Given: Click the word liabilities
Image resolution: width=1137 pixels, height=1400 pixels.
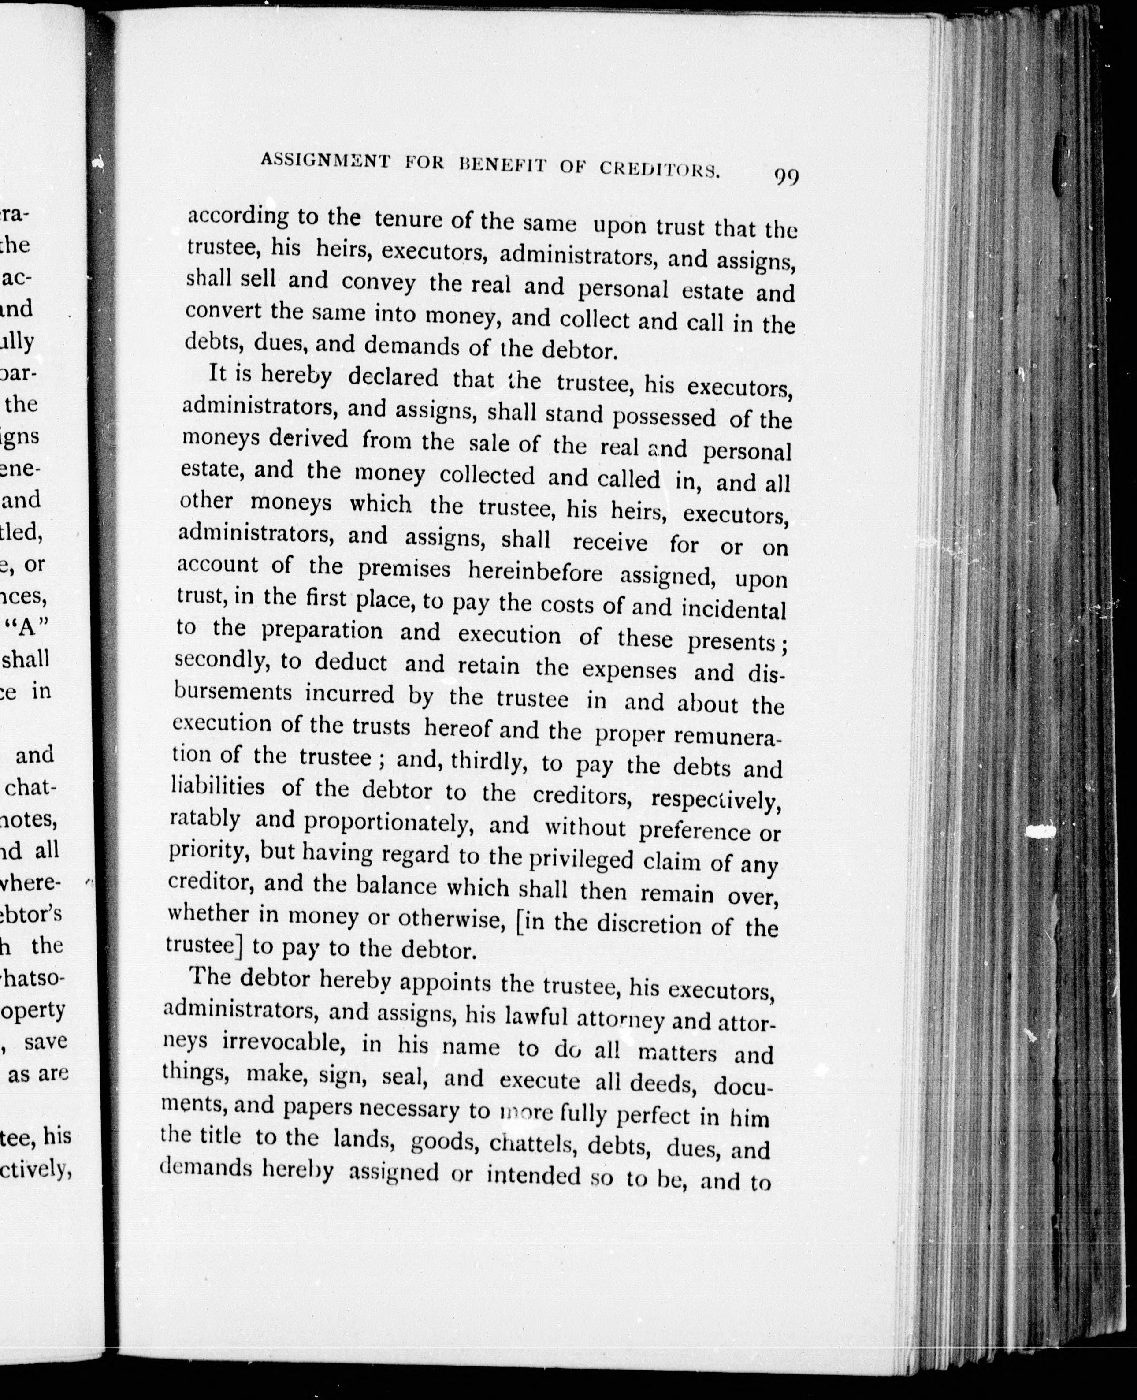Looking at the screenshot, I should pos(217,786).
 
